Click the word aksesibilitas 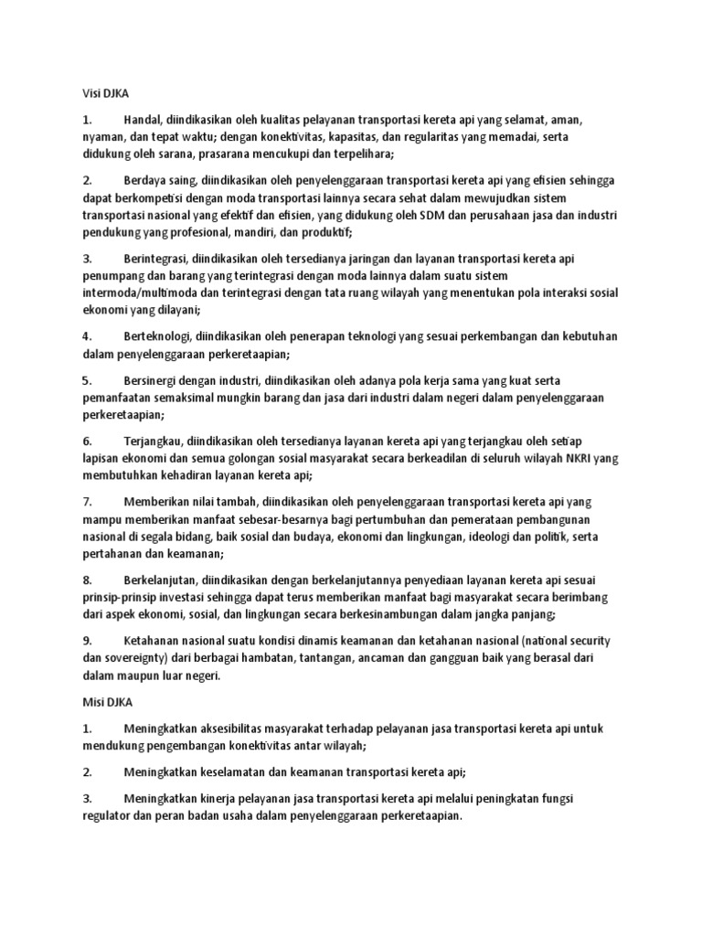[x=221, y=729]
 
